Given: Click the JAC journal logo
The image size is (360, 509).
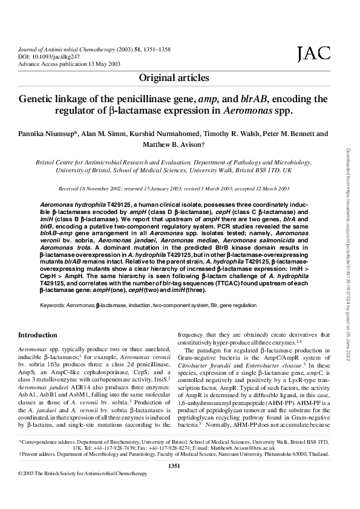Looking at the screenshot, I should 313,55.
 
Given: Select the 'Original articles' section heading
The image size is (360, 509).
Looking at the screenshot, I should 174,78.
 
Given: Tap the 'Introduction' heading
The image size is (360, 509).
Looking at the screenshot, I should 38,335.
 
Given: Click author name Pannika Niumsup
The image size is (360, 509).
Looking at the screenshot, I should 42,134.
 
